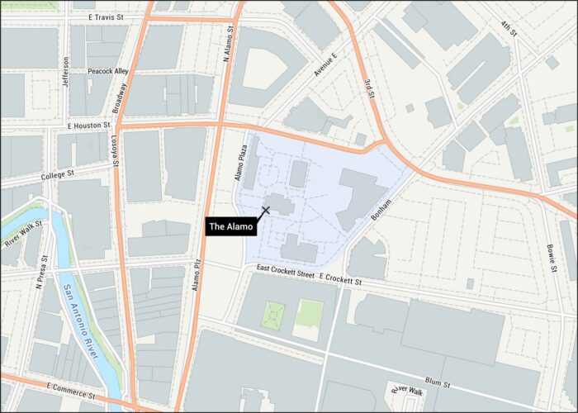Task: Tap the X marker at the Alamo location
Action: click(x=266, y=210)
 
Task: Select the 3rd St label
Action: click(x=369, y=88)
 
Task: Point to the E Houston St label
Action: click(x=88, y=125)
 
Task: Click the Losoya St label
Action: click(x=116, y=151)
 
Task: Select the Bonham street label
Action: click(x=381, y=208)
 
